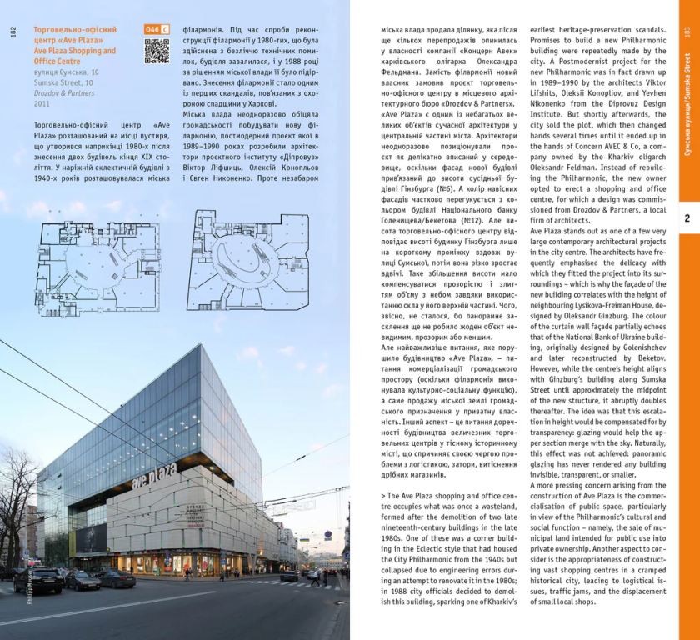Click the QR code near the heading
tap(157, 51)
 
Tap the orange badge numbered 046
tap(156, 29)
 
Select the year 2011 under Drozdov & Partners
tap(42, 104)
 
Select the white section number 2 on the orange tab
tap(687, 218)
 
